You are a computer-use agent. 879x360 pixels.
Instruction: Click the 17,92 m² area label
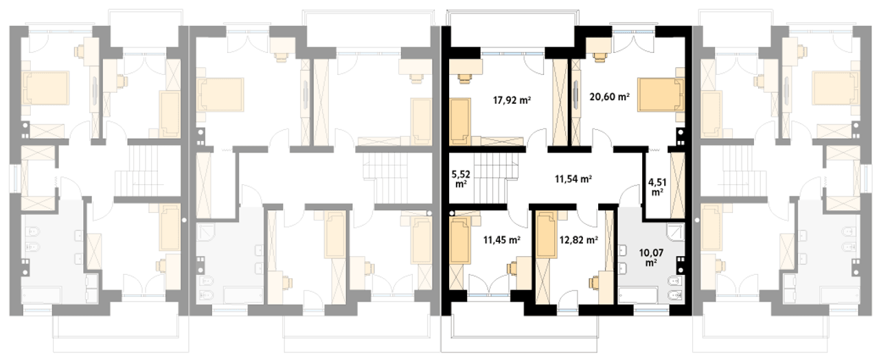(512, 100)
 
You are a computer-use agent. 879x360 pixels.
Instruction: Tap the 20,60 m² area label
(609, 97)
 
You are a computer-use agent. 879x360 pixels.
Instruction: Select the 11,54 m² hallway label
(573, 179)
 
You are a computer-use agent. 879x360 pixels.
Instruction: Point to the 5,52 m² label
(461, 179)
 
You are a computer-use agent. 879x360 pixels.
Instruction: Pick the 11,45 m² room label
(501, 240)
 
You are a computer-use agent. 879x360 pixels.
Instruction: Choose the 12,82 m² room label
(579, 240)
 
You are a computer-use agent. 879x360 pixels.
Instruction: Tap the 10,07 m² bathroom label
(651, 257)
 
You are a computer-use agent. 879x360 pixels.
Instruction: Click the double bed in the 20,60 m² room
(661, 95)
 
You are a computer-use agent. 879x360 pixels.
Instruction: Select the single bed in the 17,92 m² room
(460, 122)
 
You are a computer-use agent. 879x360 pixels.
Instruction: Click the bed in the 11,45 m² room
(460, 240)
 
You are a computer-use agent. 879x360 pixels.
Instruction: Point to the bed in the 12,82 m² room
(547, 235)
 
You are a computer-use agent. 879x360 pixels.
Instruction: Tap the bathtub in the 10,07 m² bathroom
(638, 295)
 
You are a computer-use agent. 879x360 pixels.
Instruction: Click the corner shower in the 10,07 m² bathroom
(675, 232)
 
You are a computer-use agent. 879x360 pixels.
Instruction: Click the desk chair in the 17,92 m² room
(465, 78)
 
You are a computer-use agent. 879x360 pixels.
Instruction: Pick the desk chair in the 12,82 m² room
(593, 282)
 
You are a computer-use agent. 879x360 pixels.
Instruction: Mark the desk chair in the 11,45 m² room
(512, 268)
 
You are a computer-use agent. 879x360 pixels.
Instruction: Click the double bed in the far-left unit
(46, 88)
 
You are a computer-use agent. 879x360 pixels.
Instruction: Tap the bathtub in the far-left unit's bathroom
(41, 295)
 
